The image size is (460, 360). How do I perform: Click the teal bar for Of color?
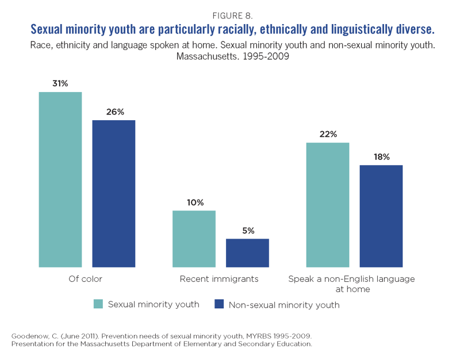tap(60, 179)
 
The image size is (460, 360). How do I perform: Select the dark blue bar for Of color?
tap(114, 194)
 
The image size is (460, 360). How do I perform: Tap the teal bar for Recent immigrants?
tap(194, 239)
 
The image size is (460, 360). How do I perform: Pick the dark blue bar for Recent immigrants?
tap(247, 253)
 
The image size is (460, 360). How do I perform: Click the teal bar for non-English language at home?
tap(328, 205)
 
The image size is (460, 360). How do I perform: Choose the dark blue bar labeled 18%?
tap(381, 216)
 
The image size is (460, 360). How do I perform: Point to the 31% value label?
tap(60, 84)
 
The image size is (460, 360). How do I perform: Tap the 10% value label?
tap(194, 202)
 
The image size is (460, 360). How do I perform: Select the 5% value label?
tap(248, 231)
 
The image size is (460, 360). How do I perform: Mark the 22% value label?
tap(328, 135)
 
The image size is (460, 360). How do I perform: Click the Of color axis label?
tap(85, 279)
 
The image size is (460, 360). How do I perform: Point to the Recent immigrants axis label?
tap(219, 279)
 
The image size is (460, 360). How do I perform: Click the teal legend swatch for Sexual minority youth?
tap(98, 304)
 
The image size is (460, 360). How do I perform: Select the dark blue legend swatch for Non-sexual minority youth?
tap(218, 304)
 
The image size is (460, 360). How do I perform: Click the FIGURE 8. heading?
tap(230, 14)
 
